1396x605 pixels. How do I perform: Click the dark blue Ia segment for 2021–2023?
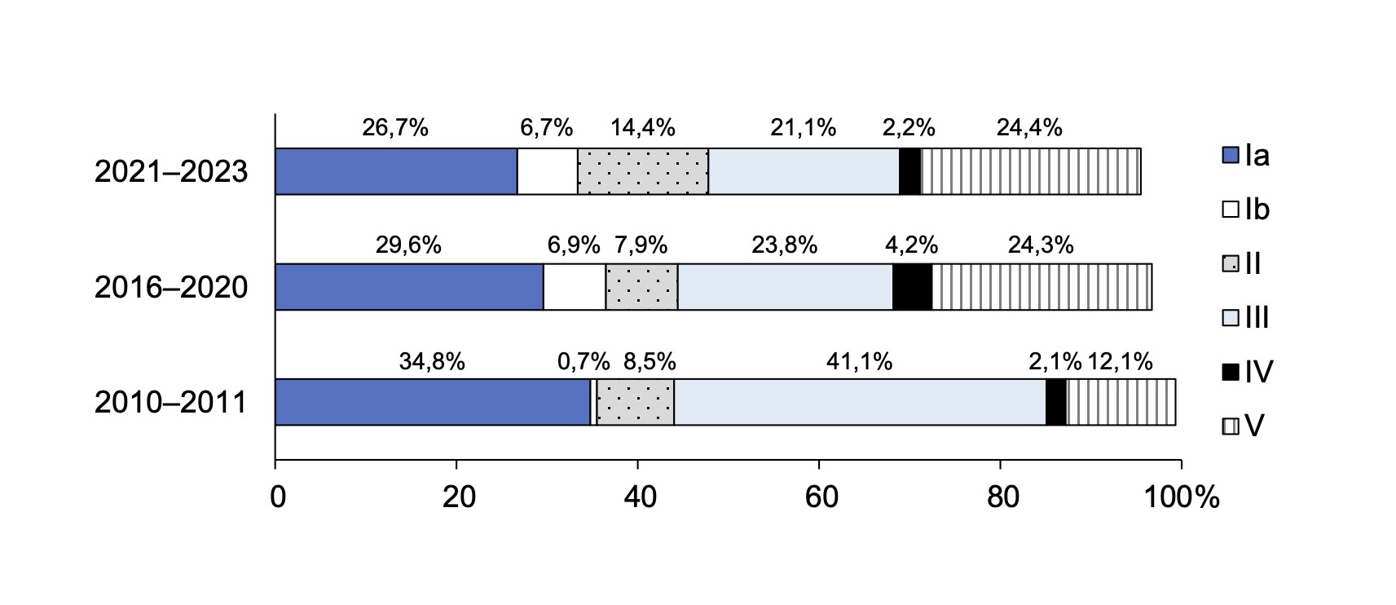(396, 171)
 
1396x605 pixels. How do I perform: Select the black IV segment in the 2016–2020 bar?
(912, 287)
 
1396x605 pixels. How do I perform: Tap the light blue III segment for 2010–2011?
(859, 402)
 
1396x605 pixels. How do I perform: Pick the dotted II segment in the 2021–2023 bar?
(642, 171)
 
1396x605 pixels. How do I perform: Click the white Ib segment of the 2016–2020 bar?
(574, 287)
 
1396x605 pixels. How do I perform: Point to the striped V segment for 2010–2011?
(1121, 402)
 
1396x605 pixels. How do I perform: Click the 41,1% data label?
(859, 361)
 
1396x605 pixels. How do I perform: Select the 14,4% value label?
(642, 128)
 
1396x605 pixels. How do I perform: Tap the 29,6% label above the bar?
(408, 245)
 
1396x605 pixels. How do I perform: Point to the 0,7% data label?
(584, 361)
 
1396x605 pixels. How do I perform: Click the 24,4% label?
(1029, 128)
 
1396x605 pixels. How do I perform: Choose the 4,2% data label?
(911, 245)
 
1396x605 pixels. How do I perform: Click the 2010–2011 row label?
(170, 403)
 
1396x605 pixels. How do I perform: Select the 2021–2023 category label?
(170, 171)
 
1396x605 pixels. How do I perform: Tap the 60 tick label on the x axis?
(821, 497)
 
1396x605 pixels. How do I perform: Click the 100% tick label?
(1181, 497)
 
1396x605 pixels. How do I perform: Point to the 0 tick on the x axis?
(278, 497)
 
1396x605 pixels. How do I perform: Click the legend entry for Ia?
(1246, 155)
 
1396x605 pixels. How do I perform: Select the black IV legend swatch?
(1230, 372)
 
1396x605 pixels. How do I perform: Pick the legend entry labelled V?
(1244, 426)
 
